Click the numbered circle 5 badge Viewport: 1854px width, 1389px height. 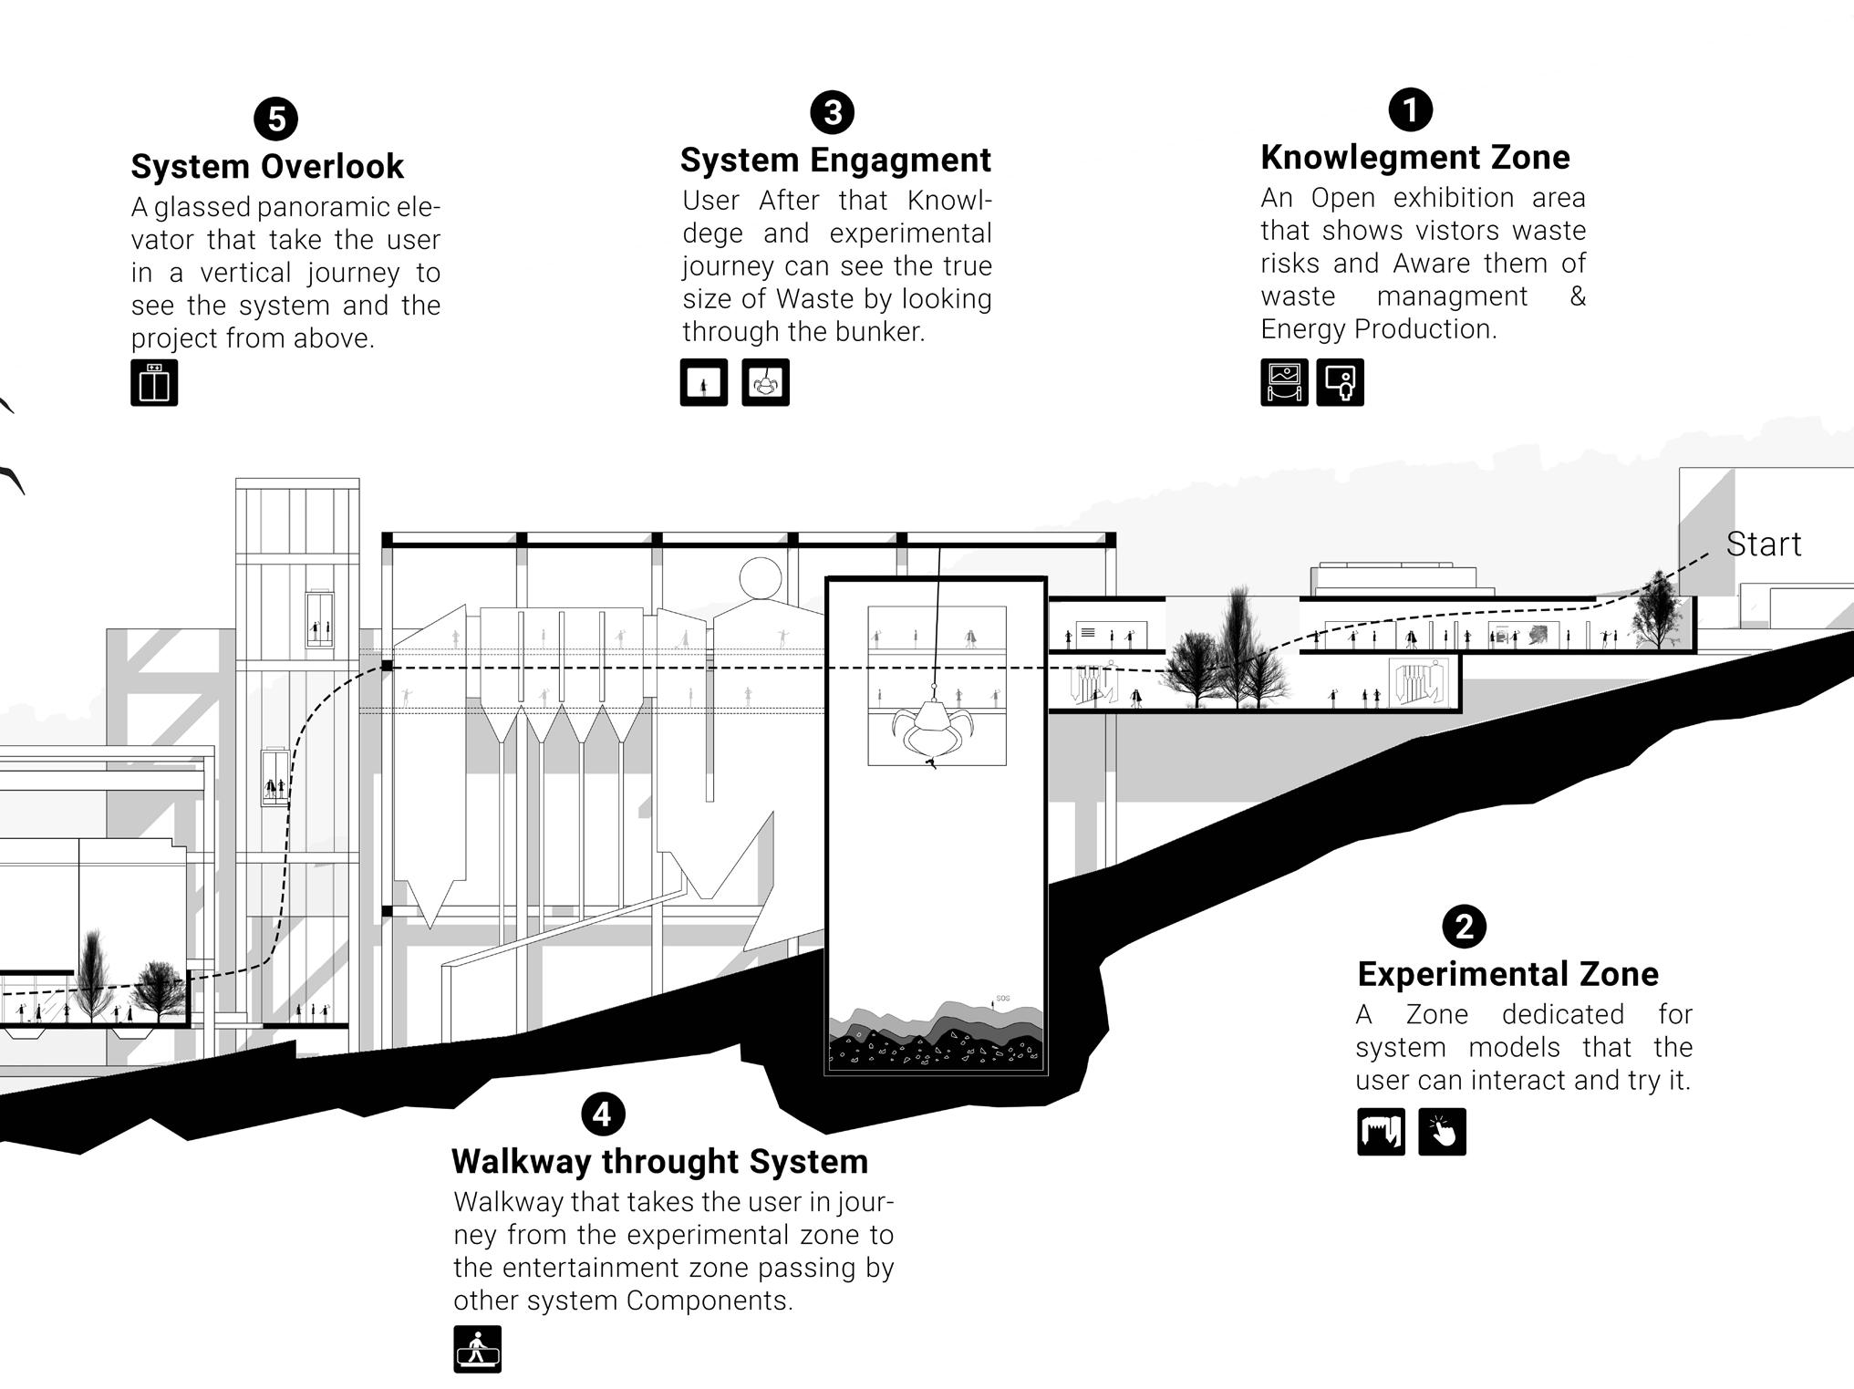point(275,119)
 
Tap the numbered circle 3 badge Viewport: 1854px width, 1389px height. point(832,112)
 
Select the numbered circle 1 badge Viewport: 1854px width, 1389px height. point(1410,109)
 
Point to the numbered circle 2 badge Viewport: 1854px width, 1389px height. point(1464,927)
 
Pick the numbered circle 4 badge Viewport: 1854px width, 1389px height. point(602,1114)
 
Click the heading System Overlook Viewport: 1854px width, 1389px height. point(267,166)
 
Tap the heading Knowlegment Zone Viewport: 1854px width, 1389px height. point(1414,157)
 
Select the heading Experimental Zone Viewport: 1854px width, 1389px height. point(1507,974)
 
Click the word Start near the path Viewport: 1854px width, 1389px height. point(1763,544)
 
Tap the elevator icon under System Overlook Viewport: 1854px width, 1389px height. point(154,383)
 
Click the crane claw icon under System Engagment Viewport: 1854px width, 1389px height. point(765,383)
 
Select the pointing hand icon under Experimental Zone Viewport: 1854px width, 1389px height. point(1442,1132)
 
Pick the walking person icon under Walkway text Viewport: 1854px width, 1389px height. point(477,1349)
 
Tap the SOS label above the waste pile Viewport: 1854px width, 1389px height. point(1002,999)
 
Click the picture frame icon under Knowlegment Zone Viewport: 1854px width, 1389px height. point(1284,382)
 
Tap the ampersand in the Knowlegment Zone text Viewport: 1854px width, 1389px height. point(1577,296)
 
